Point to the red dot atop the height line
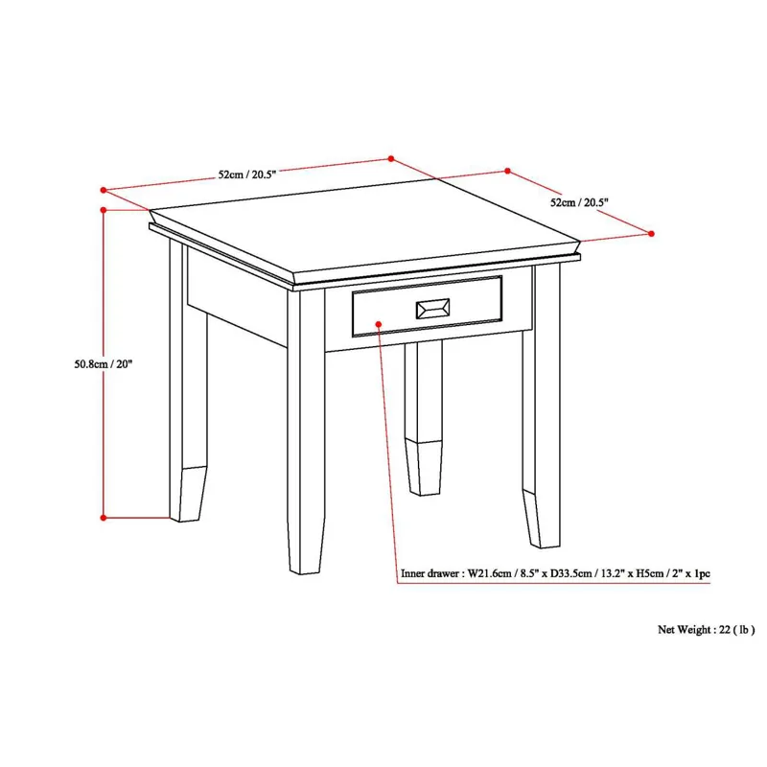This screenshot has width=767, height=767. pos(104,208)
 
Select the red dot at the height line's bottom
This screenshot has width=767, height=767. pos(104,518)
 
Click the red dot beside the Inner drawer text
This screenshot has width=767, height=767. pos(393,576)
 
